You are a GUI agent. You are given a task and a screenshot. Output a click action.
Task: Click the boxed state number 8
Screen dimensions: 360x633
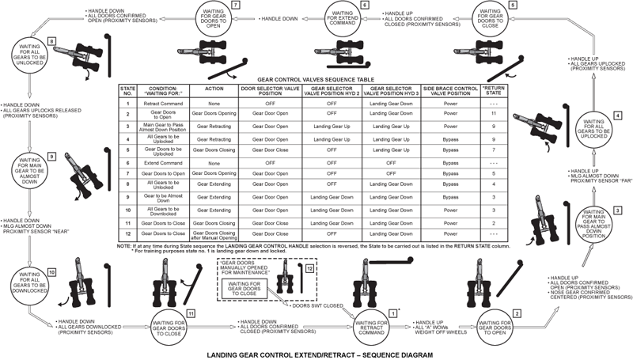[51, 40]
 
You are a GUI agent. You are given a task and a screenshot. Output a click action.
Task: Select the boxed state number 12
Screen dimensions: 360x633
[309, 269]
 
